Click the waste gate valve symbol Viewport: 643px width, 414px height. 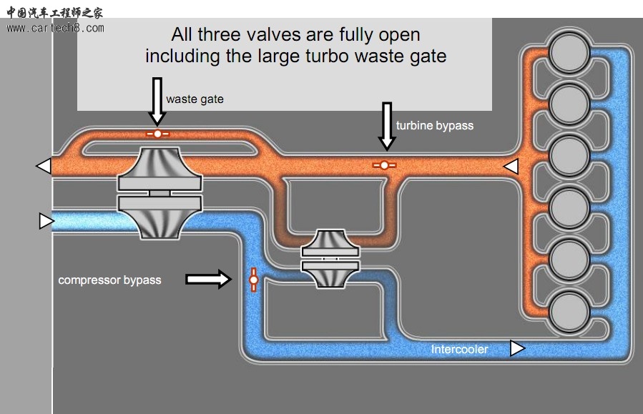157,134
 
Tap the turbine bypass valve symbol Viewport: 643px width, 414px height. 384,165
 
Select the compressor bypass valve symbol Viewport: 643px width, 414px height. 252,280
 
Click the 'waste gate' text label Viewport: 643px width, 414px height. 195,99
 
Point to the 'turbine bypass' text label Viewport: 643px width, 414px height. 435,125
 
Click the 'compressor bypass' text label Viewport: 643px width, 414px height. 109,280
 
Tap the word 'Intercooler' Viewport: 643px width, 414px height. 459,349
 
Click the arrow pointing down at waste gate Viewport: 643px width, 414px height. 158,102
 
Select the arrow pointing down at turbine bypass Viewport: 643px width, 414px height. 387,125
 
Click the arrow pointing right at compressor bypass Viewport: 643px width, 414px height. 209,279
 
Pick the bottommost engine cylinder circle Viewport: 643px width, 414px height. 569,311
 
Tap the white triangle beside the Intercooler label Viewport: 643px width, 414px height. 516,348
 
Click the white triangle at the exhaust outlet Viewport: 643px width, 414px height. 44,166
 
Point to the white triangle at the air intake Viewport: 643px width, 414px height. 46,221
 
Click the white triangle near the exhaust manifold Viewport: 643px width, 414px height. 511,167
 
